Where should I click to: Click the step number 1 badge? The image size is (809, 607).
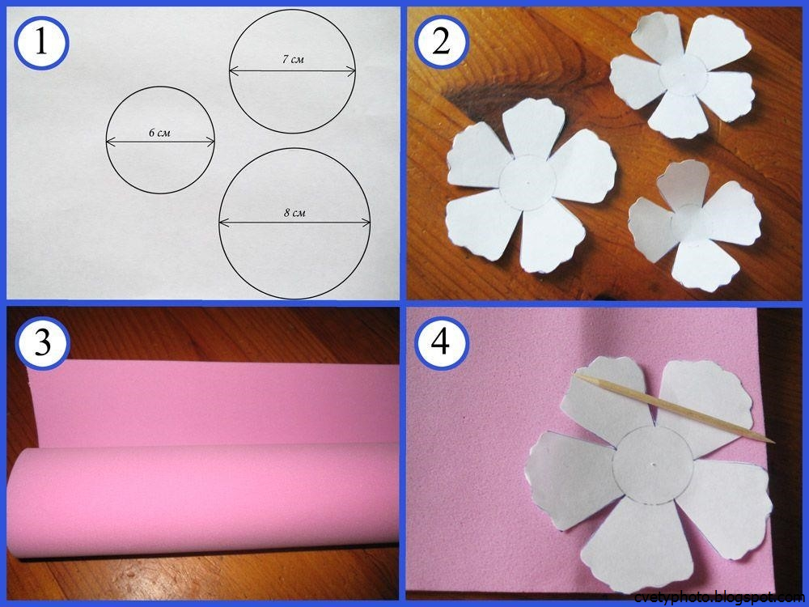pyautogui.click(x=41, y=42)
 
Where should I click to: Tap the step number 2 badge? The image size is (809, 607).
pyautogui.click(x=441, y=42)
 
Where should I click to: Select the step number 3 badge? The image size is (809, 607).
pyautogui.click(x=42, y=342)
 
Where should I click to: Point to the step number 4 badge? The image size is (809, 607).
pyautogui.click(x=441, y=342)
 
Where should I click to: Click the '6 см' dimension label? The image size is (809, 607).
pyautogui.click(x=159, y=133)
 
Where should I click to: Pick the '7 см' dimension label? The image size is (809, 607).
pyautogui.click(x=293, y=59)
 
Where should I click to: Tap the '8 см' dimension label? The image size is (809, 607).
pyautogui.click(x=294, y=212)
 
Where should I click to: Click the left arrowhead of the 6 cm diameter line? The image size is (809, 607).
pyautogui.click(x=110, y=141)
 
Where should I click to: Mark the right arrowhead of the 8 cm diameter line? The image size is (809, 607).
pyautogui.click(x=366, y=223)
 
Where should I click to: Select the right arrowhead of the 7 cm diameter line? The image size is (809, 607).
pyautogui.click(x=352, y=70)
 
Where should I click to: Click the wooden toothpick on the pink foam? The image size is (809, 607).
pyautogui.click(x=675, y=408)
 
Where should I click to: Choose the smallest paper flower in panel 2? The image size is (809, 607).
pyautogui.click(x=695, y=225)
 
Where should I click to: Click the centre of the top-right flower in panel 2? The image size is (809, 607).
pyautogui.click(x=682, y=75)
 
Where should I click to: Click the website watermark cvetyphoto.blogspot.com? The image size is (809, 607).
pyautogui.click(x=720, y=597)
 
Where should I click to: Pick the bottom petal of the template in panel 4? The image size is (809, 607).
pyautogui.click(x=621, y=542)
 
